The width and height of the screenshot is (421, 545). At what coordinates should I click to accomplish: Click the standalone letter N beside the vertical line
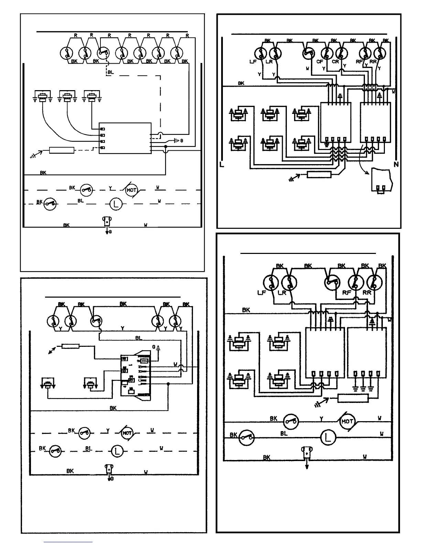click(x=396, y=165)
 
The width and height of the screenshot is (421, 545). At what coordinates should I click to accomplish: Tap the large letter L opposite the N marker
click(x=222, y=165)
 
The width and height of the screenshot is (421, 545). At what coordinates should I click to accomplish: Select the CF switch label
click(x=320, y=62)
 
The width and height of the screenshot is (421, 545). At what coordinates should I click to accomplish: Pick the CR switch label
click(x=335, y=62)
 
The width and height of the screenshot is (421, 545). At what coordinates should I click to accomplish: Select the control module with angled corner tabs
click(x=135, y=375)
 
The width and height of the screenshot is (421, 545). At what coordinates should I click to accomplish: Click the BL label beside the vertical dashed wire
click(x=110, y=72)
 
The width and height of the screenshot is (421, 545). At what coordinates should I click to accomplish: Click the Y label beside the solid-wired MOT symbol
click(x=321, y=419)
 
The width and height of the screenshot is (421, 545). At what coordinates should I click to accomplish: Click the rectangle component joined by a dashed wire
click(x=62, y=150)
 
